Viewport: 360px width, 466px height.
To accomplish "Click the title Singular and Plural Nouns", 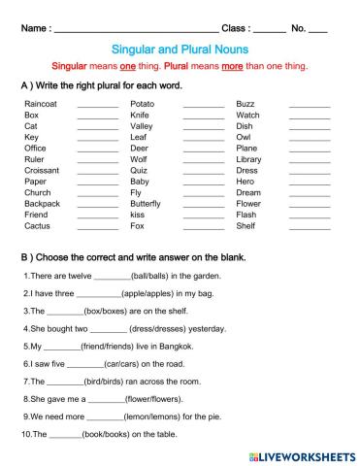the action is pos(180,48).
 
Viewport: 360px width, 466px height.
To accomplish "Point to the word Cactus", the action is pos(37,226).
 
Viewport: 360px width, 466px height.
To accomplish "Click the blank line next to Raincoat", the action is pos(97,104).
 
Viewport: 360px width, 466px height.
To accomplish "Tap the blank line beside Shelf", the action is pos(309,227).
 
